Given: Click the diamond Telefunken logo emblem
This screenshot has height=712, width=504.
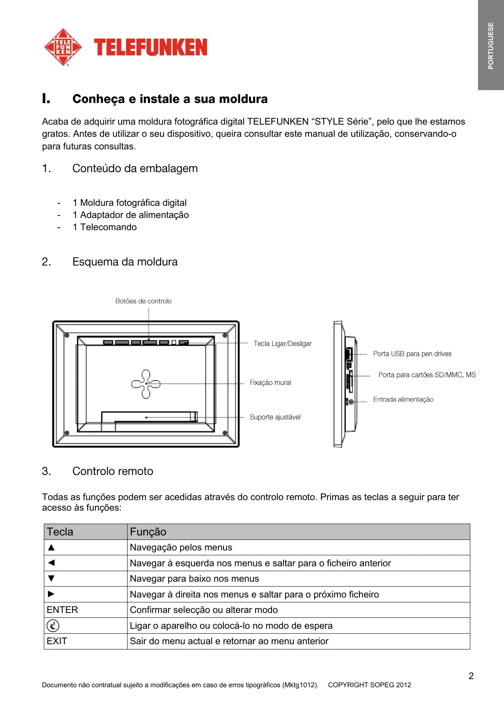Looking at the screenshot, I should (x=63, y=47).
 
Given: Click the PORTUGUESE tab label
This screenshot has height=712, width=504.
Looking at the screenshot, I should (x=491, y=45).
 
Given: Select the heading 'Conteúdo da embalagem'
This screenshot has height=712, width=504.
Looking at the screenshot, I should (x=135, y=168).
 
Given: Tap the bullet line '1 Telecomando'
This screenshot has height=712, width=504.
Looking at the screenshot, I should (x=104, y=227).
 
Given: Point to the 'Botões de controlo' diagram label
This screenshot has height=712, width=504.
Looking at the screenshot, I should (x=143, y=301).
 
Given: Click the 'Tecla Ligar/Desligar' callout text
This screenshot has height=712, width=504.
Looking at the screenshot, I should (x=282, y=344).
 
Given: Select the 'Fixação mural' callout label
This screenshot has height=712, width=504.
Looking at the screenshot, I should (x=270, y=383).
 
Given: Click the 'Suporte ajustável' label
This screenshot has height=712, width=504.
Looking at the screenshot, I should (x=275, y=417).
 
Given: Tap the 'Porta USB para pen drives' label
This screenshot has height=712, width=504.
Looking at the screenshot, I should (x=412, y=354).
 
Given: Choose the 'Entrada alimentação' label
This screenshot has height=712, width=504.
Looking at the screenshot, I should (x=403, y=399).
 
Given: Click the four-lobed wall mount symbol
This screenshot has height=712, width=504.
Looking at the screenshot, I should (x=146, y=384).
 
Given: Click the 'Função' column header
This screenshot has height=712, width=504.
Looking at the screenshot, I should (x=148, y=532).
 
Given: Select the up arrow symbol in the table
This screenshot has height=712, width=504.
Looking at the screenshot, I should (x=51, y=547).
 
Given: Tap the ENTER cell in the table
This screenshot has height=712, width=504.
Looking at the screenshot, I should (x=62, y=610).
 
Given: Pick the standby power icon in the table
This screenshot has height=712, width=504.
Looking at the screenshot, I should (x=53, y=626).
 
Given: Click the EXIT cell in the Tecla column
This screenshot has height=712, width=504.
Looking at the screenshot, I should (x=57, y=641).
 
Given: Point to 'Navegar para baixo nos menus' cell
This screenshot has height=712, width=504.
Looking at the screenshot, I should (x=194, y=578).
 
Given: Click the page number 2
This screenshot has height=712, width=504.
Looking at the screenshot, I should (x=471, y=676).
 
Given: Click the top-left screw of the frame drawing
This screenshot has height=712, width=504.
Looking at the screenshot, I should (x=67, y=336).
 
